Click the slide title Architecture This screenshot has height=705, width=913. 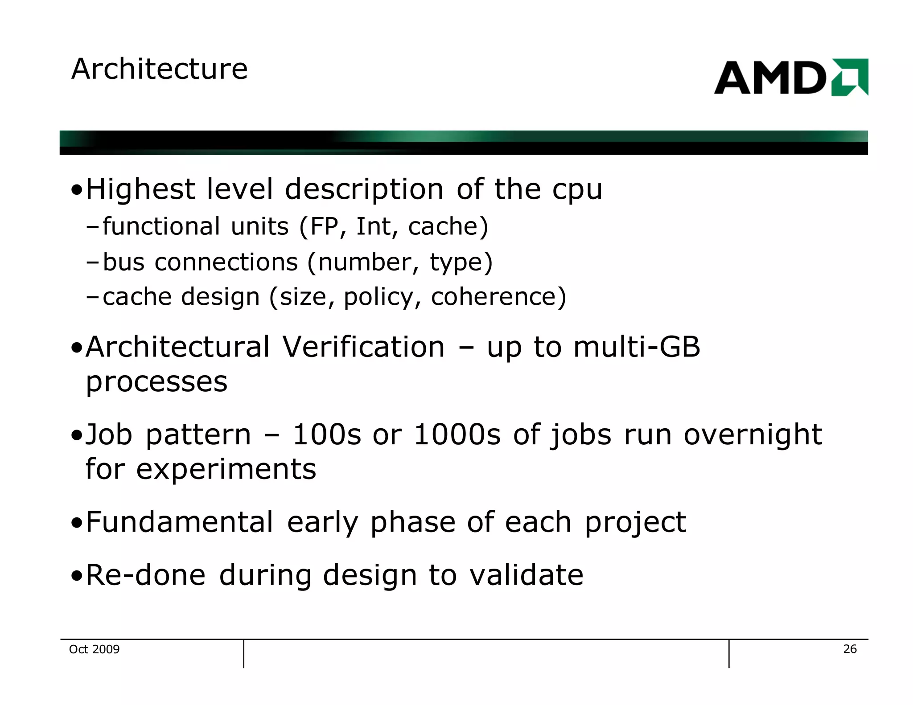coord(159,69)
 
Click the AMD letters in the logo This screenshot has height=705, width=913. coord(770,78)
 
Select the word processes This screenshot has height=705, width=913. coord(156,382)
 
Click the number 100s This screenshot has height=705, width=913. coord(326,434)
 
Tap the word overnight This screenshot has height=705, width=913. coord(753,434)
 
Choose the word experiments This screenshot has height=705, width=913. coord(226,469)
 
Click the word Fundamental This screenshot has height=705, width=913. coord(179,522)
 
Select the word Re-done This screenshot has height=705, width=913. coord(145,575)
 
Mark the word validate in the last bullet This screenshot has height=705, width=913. coord(526,575)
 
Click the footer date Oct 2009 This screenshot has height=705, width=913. coord(94,649)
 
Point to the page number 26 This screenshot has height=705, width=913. coord(850,649)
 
